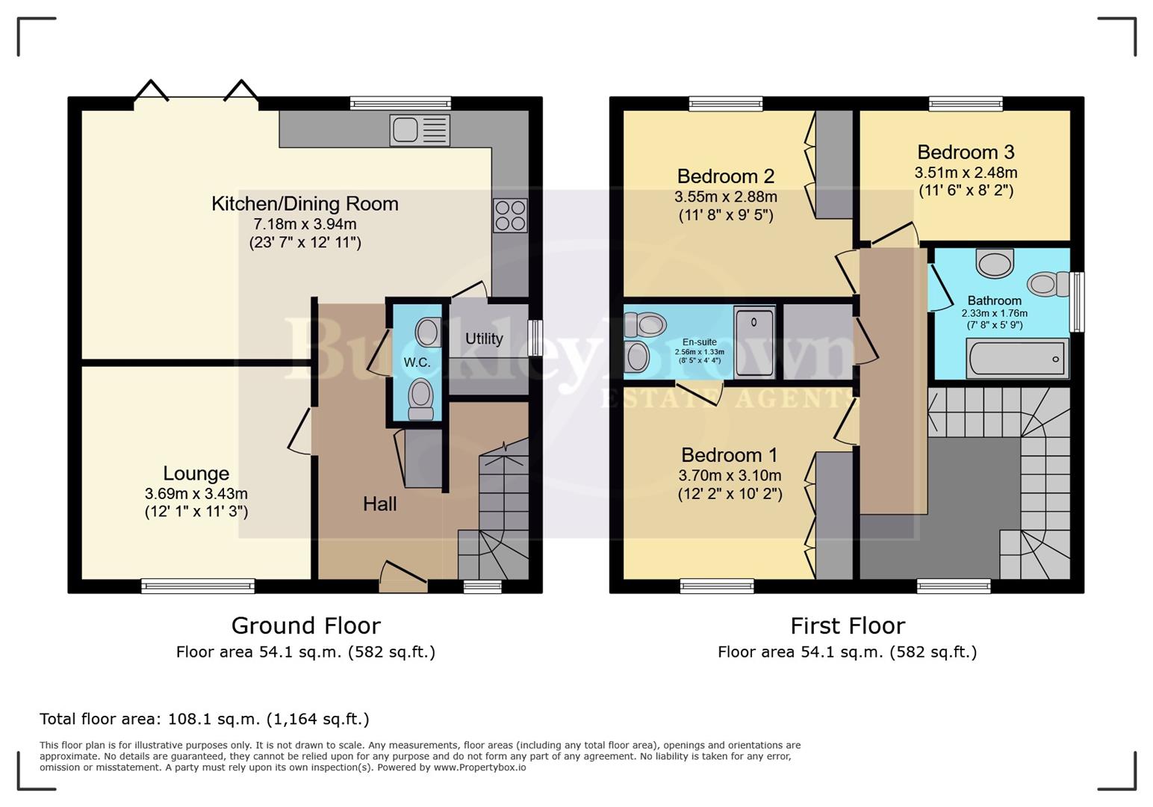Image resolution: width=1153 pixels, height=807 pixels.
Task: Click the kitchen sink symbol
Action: [420, 130]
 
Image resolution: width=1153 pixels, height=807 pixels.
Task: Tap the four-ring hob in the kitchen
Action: [510, 215]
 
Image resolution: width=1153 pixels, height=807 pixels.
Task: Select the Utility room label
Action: [484, 338]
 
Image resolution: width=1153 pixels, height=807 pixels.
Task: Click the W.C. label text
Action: [417, 362]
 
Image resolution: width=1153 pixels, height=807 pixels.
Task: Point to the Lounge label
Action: [196, 474]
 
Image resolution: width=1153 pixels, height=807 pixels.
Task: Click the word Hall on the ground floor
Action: [379, 504]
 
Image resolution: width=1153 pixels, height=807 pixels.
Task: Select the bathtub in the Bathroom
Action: [1016, 359]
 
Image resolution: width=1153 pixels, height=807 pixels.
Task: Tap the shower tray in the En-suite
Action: [754, 341]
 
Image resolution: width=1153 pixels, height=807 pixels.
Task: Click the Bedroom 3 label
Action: [966, 152]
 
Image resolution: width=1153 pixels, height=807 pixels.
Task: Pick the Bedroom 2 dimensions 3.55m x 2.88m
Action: [725, 197]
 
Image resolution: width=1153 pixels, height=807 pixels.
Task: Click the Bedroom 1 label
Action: [729, 455]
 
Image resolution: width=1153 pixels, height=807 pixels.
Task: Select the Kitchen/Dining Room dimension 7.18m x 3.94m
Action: [305, 224]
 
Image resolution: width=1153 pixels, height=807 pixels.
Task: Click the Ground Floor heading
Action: [305, 625]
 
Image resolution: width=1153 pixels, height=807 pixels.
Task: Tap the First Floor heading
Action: [848, 625]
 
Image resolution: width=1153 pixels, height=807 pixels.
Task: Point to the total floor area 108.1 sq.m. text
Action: [204, 719]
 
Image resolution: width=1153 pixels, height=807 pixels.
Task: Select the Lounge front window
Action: [198, 587]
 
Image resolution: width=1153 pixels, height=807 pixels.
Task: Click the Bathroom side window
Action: [1077, 301]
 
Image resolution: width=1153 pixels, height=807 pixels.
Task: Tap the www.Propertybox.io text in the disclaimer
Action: [479, 767]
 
